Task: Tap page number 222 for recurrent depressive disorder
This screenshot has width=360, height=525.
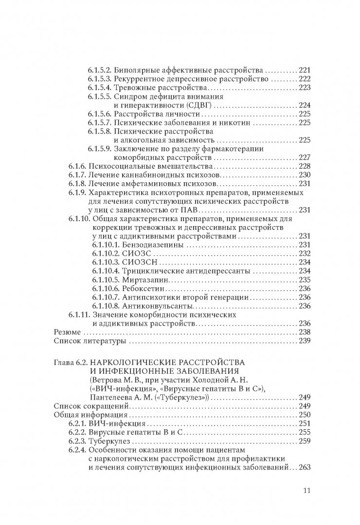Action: (x=304, y=79)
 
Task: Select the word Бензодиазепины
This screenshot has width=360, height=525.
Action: (x=146, y=245)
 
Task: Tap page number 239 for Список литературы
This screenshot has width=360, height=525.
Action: (x=304, y=341)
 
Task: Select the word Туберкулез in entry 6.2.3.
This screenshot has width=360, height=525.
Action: (x=111, y=441)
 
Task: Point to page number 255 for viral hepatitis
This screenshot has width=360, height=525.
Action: (x=304, y=433)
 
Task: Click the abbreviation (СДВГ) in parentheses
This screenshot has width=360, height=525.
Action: (x=198, y=105)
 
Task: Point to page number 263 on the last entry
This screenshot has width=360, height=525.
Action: (x=304, y=468)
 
